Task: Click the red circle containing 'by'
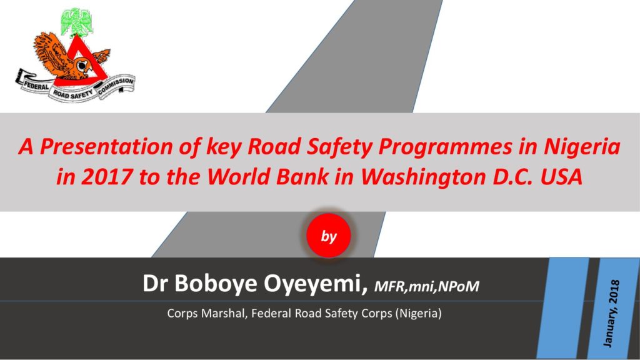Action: tap(329, 236)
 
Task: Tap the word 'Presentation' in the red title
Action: tap(106, 146)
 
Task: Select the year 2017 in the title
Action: tap(107, 177)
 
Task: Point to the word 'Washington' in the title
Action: tap(423, 177)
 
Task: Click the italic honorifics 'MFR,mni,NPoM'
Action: tap(426, 286)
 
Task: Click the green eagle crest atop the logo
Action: tap(76, 22)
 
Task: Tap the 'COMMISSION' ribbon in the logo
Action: tap(116, 85)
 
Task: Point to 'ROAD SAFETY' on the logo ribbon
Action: tap(72, 94)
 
